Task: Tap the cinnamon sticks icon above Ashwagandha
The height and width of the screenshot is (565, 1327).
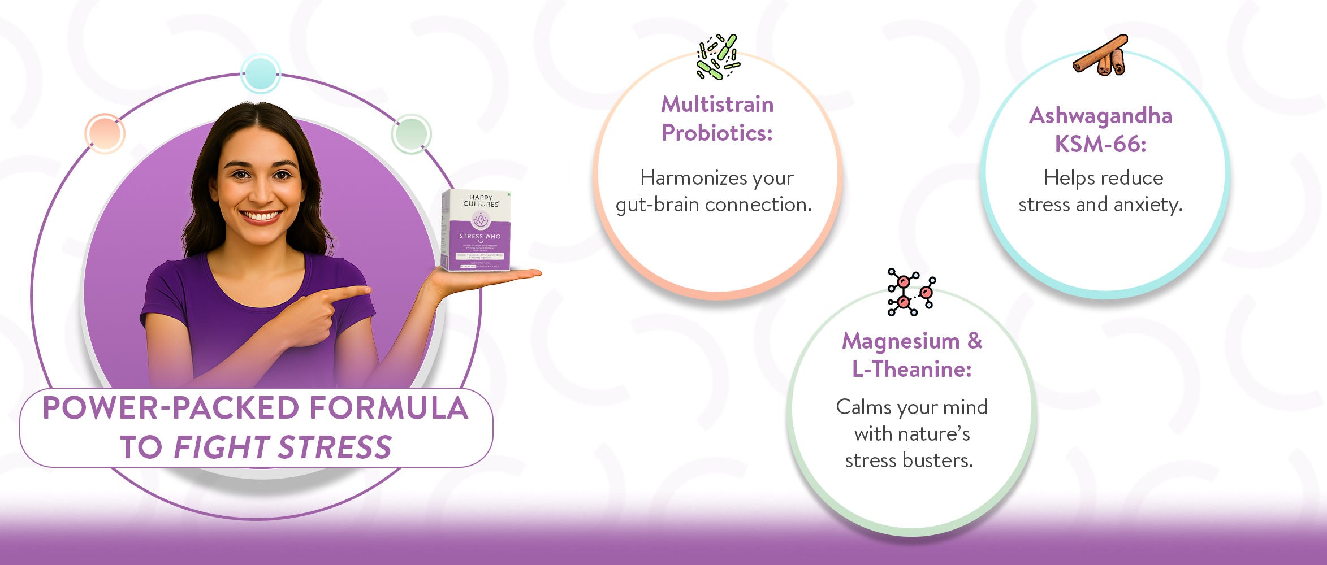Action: click(x=1100, y=55)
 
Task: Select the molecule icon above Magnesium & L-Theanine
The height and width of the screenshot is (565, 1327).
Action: click(x=911, y=292)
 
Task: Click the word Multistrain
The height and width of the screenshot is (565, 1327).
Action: click(x=717, y=105)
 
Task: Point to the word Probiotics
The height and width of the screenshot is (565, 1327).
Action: click(x=716, y=133)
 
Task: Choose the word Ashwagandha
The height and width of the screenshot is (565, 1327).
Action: click(x=1100, y=116)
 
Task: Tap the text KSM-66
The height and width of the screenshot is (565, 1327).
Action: click(x=1100, y=145)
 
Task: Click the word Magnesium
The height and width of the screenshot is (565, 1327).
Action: click(x=901, y=341)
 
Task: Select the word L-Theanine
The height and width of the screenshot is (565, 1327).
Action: click(x=911, y=370)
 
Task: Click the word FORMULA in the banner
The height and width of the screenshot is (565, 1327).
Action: click(x=388, y=408)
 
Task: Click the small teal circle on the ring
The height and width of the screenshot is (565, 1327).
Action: click(x=260, y=73)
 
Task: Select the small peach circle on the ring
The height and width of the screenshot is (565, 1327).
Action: click(x=105, y=133)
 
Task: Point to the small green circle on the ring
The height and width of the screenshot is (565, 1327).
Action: click(x=411, y=134)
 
